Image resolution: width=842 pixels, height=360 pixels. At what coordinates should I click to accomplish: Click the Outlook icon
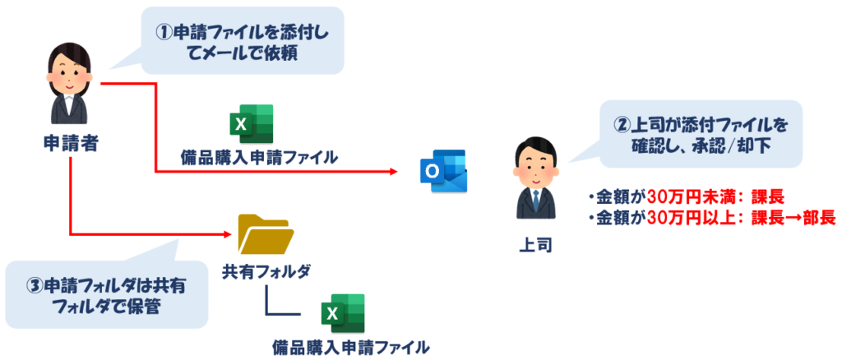(x=442, y=171)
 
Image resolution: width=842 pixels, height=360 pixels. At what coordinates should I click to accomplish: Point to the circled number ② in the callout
(x=623, y=125)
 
